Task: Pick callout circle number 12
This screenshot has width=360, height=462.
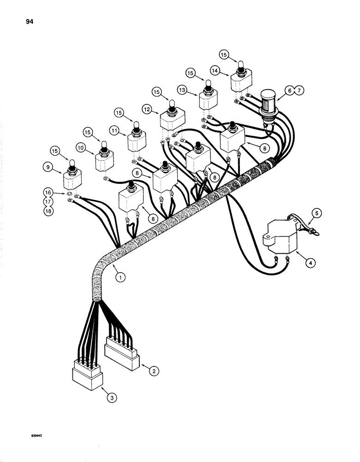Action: pyautogui.click(x=148, y=109)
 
